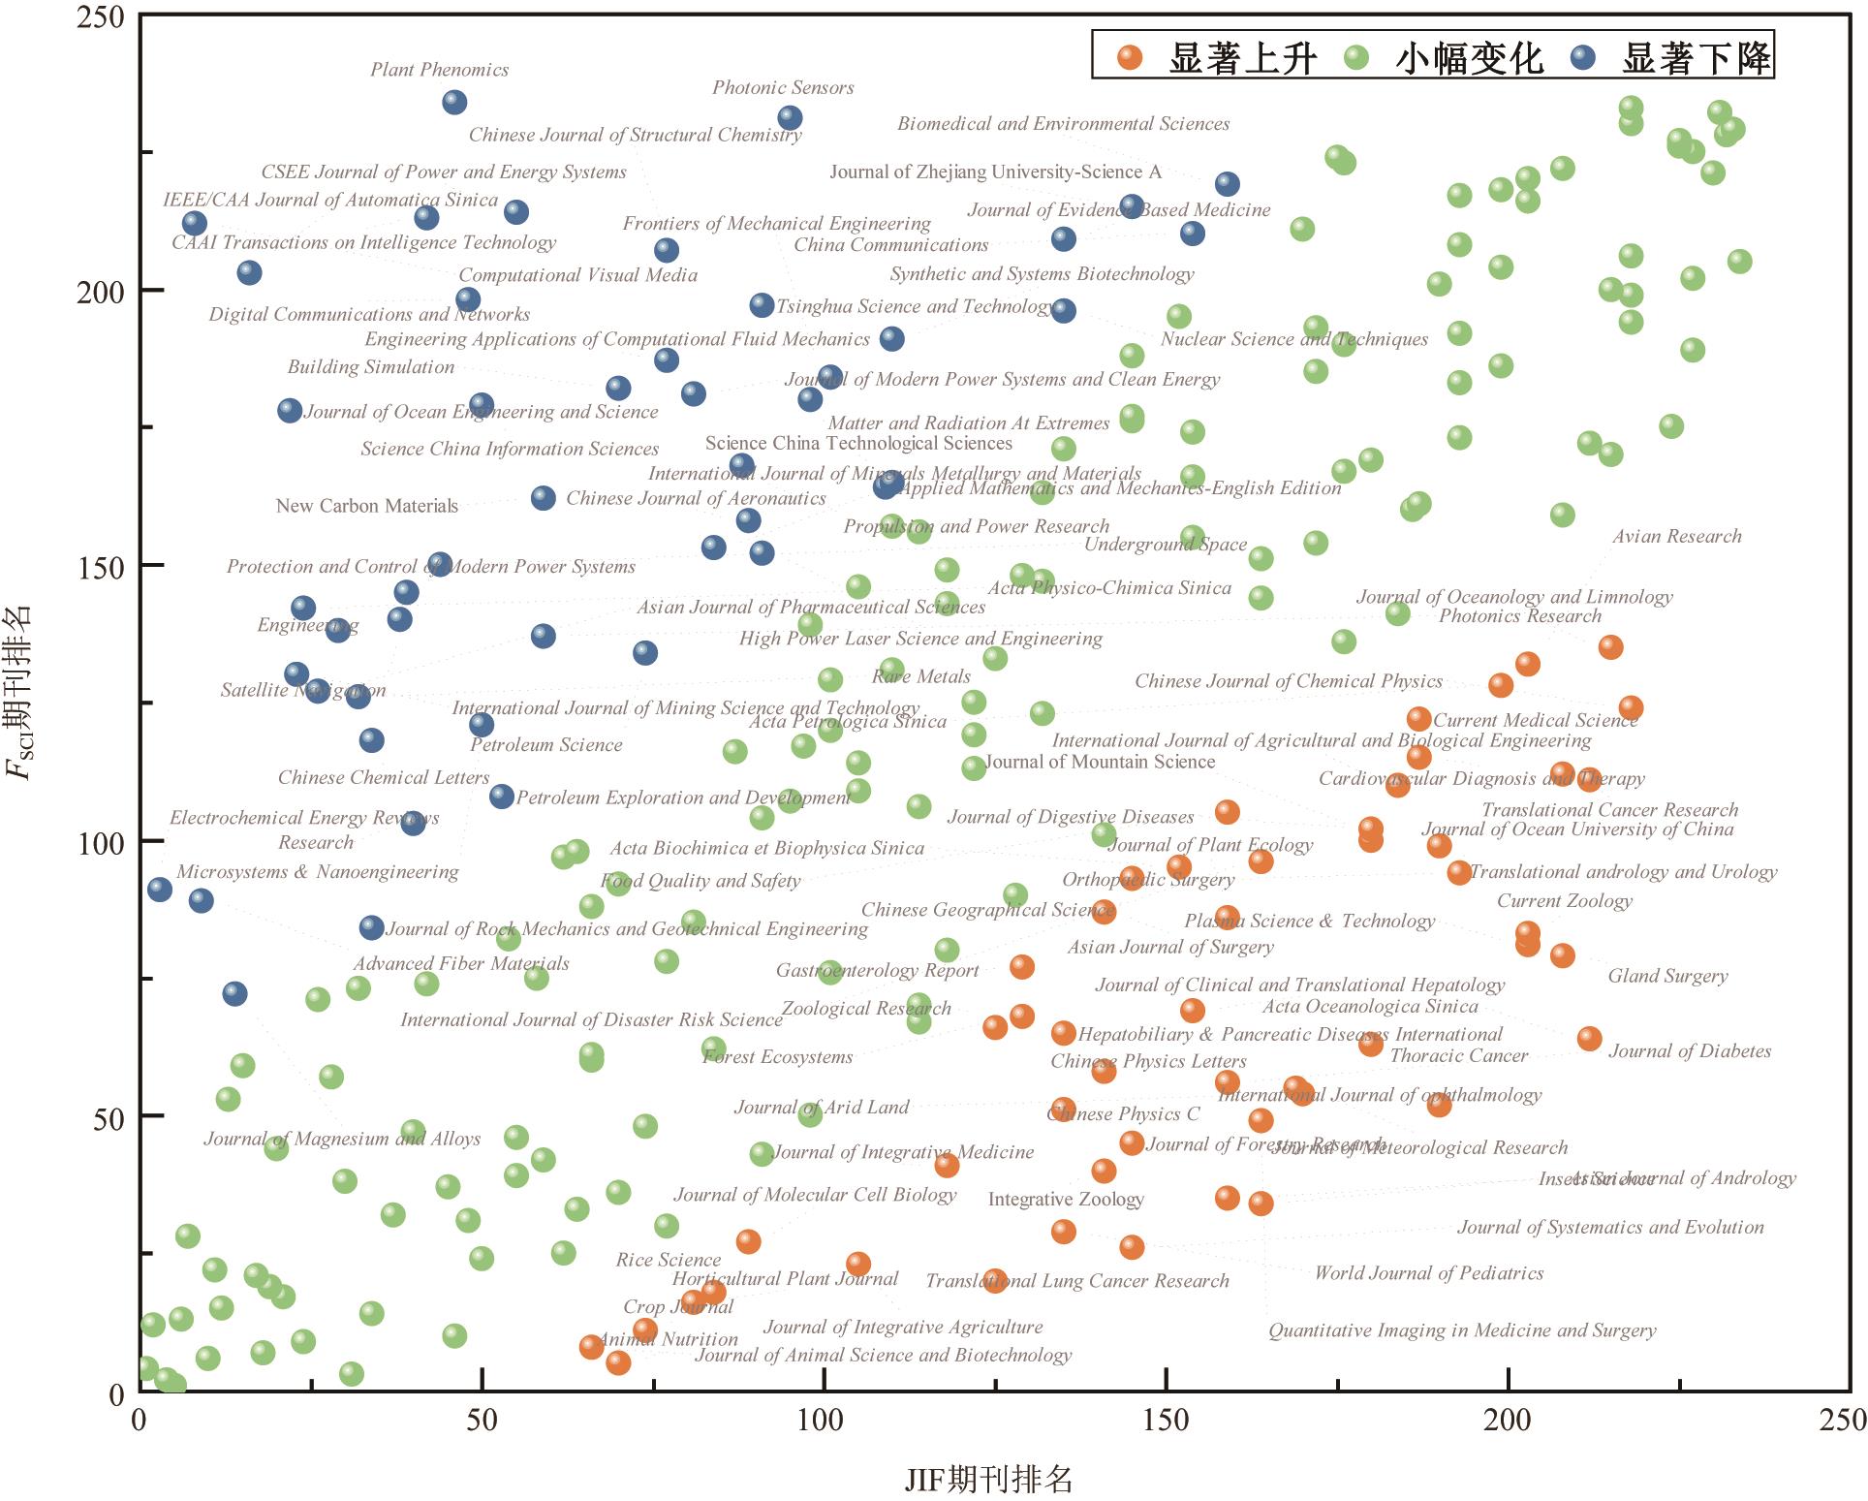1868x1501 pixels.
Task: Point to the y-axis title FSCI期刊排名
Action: [19, 692]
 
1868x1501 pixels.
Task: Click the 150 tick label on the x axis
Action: [1166, 1421]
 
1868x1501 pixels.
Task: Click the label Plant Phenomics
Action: [439, 70]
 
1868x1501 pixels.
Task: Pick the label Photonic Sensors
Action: [783, 88]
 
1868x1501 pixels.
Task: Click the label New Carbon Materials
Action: [366, 506]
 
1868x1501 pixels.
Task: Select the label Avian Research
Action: [1676, 537]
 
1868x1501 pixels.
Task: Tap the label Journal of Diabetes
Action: [1689, 1051]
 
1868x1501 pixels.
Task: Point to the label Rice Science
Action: [668, 1260]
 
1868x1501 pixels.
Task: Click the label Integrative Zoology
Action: [1066, 1200]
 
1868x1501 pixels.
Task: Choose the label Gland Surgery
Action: [1667, 976]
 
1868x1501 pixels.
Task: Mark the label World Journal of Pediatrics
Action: [1428, 1273]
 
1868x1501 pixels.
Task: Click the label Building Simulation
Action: [370, 367]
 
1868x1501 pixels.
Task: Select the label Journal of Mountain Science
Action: [1100, 762]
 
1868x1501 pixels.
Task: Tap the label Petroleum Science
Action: [545, 745]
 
